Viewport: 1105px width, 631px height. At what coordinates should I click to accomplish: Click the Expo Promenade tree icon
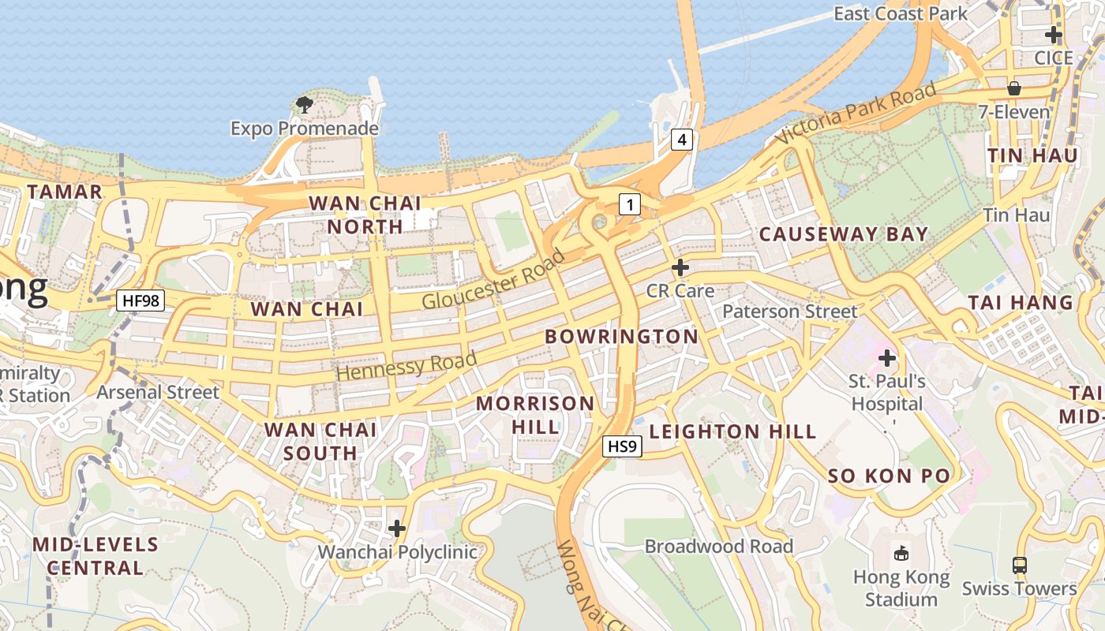[304, 104]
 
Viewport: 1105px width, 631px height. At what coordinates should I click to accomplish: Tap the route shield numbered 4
[682, 140]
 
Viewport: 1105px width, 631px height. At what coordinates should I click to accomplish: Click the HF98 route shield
[140, 301]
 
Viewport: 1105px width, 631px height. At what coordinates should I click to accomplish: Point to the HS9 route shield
[622, 447]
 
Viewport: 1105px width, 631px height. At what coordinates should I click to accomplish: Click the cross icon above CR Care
[680, 267]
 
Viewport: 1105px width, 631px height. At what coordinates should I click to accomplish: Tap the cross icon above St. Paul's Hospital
[887, 358]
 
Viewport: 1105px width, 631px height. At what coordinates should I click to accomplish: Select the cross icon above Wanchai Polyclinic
[397, 528]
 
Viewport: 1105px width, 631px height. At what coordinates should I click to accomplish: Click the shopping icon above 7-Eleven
[1014, 88]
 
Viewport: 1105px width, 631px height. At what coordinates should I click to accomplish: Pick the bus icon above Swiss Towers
[1020, 566]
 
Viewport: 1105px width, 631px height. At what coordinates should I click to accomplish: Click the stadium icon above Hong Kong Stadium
[901, 552]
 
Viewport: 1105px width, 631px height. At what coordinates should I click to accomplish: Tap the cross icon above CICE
[1053, 35]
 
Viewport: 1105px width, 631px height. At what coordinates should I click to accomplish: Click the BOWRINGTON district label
[621, 337]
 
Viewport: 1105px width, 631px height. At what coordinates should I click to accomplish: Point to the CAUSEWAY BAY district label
[843, 234]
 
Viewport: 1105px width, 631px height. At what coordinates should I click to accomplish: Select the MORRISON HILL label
[535, 415]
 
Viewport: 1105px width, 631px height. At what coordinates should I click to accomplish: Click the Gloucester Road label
[493, 280]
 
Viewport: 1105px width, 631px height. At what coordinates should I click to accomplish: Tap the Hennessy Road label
[406, 366]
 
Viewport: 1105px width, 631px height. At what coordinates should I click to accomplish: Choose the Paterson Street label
[789, 312]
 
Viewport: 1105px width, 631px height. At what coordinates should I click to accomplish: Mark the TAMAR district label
[65, 192]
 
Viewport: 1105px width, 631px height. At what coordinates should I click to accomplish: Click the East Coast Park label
[900, 13]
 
